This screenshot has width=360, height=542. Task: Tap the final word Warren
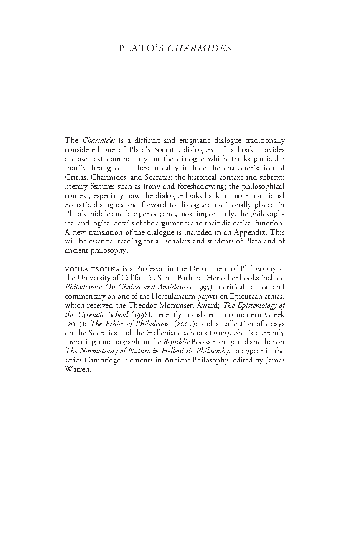(x=78, y=370)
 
